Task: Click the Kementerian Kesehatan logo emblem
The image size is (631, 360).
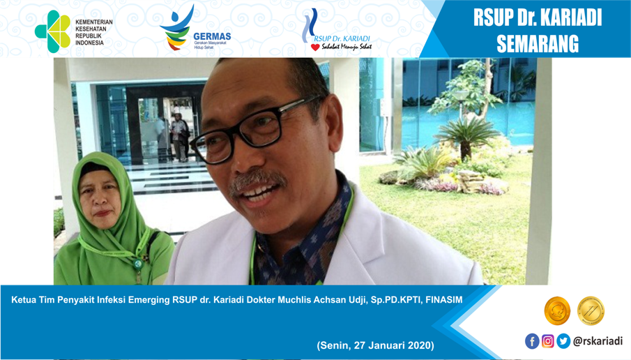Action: coord(53,31)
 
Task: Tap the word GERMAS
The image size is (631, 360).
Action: coord(212,36)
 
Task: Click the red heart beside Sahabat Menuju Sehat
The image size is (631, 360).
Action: coord(315,47)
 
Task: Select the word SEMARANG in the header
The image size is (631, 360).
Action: coord(538,43)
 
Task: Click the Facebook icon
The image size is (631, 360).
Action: coord(532,341)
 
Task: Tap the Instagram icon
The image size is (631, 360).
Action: coord(548,341)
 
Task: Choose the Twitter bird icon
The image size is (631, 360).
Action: coord(563,341)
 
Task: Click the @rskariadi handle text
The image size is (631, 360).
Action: coord(598,341)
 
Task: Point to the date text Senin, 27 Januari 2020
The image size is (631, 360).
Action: coord(375,345)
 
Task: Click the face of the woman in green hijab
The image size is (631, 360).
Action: coord(100,193)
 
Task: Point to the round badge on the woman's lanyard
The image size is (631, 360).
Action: coord(138,264)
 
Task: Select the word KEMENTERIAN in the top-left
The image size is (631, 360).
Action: coord(94,22)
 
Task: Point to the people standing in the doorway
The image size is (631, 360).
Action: coord(174,137)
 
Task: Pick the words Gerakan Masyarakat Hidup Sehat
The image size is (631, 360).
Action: coord(210,45)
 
